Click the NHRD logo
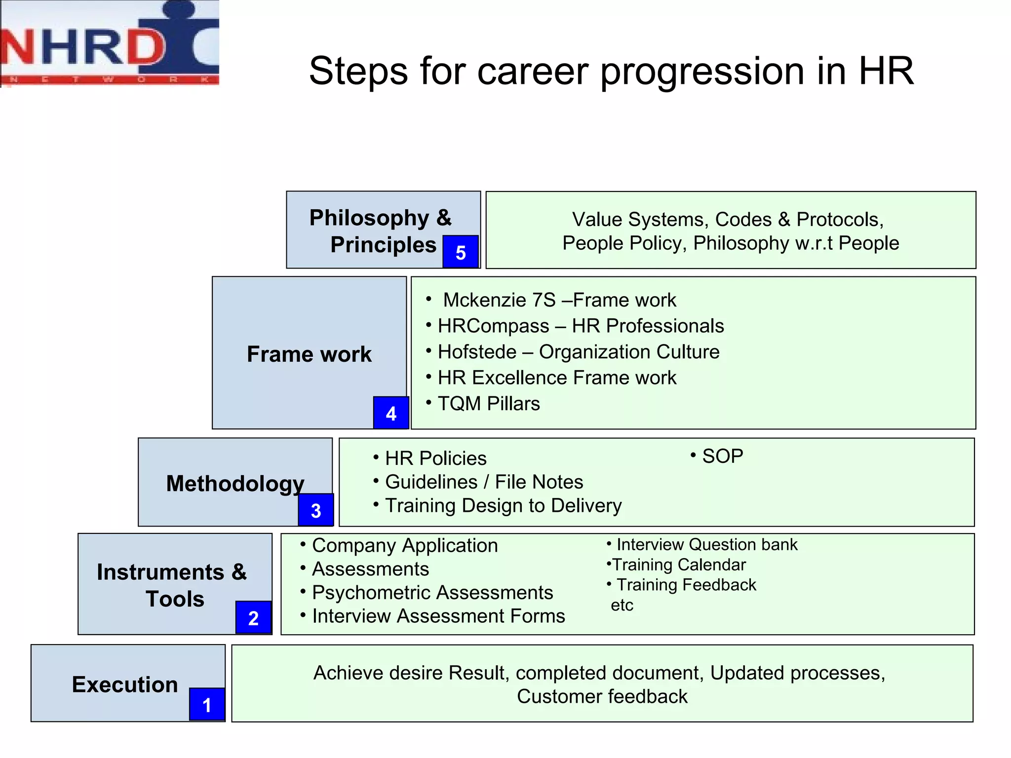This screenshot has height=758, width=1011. pos(110,43)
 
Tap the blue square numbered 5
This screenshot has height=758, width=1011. pos(460,252)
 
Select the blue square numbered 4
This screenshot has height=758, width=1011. pos(391,413)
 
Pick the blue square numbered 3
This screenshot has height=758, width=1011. pos(316,510)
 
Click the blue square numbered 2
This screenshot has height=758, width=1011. pos(253,618)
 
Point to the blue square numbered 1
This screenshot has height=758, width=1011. pos(207,705)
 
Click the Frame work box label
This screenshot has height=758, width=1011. pos(309,354)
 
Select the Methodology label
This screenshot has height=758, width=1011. pos(235,484)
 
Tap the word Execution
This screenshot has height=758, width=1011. pos(125,684)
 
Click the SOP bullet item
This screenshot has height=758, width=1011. pos(722,456)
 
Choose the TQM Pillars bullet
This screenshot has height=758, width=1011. pos(488,404)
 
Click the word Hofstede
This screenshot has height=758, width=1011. pos(477,352)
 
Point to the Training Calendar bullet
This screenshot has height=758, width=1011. pos(678,565)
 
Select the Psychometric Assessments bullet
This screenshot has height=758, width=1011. pos(432,593)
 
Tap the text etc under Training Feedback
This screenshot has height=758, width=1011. pos(622,606)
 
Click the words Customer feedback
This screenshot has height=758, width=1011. pos(602,697)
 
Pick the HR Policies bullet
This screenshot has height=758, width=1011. pos(435,458)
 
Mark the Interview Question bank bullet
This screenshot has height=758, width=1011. pos(706,545)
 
